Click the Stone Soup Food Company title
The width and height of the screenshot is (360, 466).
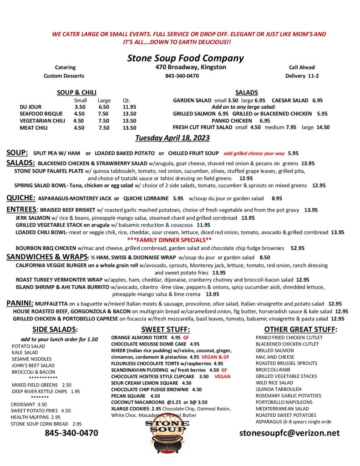pyautogui.click(x=185, y=58)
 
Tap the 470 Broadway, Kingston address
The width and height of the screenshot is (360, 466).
pyautogui.click(x=190, y=67)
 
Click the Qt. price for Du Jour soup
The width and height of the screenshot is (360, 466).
pyautogui.click(x=129, y=107)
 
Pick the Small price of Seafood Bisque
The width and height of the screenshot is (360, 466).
pyautogui.click(x=79, y=114)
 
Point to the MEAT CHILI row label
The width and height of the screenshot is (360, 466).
pyautogui.click(x=35, y=128)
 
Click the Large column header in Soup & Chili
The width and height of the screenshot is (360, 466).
pyautogui.click(x=104, y=100)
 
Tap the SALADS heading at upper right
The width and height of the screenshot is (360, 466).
pyautogui.click(x=246, y=92)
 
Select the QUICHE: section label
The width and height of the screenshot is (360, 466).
pyautogui.click(x=21, y=198)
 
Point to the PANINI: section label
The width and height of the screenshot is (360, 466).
pyautogui.click(x=20, y=304)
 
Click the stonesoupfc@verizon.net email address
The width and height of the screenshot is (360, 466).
pyautogui.click(x=289, y=433)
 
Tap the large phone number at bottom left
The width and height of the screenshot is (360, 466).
pyautogui.click(x=71, y=433)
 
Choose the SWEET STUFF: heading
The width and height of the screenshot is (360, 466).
pyautogui.click(x=165, y=329)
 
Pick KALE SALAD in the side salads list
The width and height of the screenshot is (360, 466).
pyautogui.click(x=25, y=353)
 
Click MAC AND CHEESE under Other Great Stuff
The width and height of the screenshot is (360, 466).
pyautogui.click(x=274, y=357)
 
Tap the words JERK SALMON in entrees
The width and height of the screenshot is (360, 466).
pyautogui.click(x=32, y=218)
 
